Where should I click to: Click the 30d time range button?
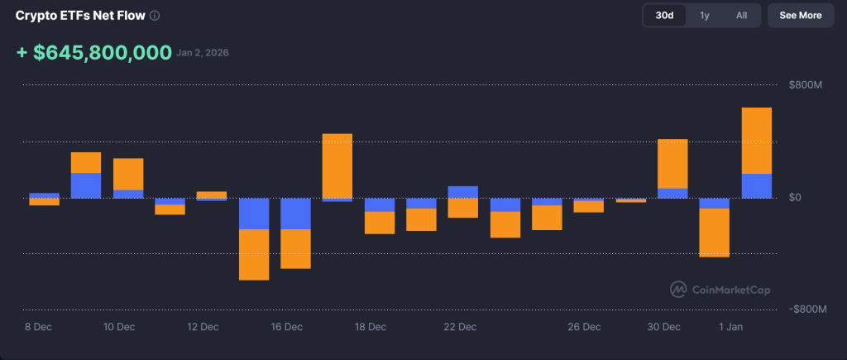(x=664, y=15)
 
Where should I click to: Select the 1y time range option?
(x=704, y=15)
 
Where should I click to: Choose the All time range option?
(x=741, y=15)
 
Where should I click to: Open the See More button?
(x=800, y=15)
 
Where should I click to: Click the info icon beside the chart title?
(x=155, y=16)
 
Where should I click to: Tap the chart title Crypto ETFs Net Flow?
(x=81, y=16)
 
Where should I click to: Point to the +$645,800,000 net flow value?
(x=94, y=53)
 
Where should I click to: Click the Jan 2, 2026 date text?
(x=203, y=53)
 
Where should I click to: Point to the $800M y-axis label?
(x=805, y=85)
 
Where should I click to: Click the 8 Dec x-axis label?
(x=38, y=327)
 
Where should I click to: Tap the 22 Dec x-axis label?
(x=460, y=327)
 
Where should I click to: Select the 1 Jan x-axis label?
(x=731, y=327)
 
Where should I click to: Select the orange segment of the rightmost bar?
(x=756, y=140)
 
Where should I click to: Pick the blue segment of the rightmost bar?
(x=756, y=185)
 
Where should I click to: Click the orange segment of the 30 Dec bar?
(x=672, y=163)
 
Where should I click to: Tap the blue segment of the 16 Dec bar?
(x=295, y=214)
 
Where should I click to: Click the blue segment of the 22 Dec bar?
(x=463, y=192)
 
